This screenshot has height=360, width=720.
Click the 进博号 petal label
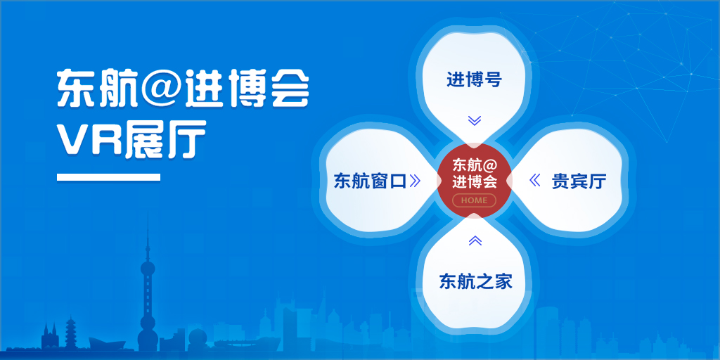pyautogui.click(x=474, y=80)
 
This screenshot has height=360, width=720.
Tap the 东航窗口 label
pyautogui.click(x=370, y=181)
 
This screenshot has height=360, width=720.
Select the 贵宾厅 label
pyautogui.click(x=579, y=181)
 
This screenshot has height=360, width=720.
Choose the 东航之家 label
pyautogui.click(x=475, y=281)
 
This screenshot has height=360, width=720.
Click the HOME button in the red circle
pyautogui.click(x=474, y=200)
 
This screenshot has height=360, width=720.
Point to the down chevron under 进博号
pyautogui.click(x=475, y=120)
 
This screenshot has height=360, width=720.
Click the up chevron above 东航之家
pyautogui.click(x=475, y=240)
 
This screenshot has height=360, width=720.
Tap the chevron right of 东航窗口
pyautogui.click(x=415, y=181)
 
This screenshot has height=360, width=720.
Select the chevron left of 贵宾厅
pyautogui.click(x=534, y=181)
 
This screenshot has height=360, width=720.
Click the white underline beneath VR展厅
pyautogui.click(x=108, y=177)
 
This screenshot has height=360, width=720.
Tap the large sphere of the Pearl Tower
pyautogui.click(x=148, y=269)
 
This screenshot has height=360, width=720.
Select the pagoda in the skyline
pyautogui.click(x=70, y=332)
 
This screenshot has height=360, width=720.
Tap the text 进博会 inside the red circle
pyautogui.click(x=475, y=182)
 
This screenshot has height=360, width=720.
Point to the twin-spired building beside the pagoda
pyautogui.click(x=50, y=337)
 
